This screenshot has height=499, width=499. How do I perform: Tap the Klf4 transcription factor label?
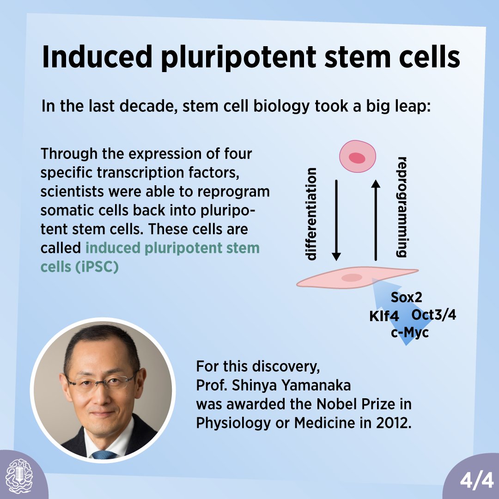coord(384,317)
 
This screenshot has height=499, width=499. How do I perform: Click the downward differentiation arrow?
coord(336,219)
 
